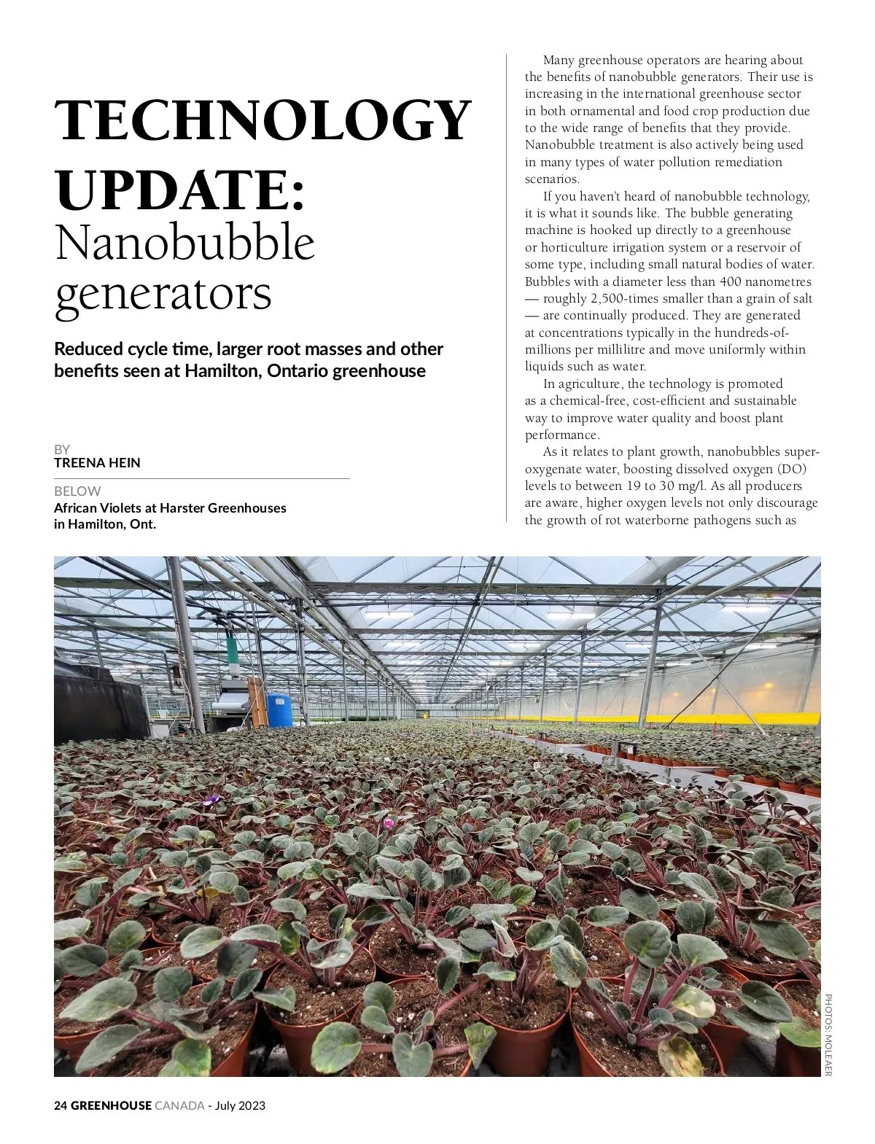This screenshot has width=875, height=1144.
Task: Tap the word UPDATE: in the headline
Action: [x=180, y=189]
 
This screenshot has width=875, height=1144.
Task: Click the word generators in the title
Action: [x=163, y=294]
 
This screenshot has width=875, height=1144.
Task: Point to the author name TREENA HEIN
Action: [x=97, y=463]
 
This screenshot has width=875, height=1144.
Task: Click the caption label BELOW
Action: [x=77, y=491]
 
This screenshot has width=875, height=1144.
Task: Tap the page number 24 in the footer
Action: [x=61, y=1105]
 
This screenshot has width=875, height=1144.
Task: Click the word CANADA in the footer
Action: [x=179, y=1105]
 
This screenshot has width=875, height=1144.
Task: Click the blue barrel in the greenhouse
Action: [x=279, y=709]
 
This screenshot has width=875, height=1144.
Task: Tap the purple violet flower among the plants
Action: [x=211, y=800]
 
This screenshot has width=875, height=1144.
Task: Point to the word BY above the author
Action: [x=62, y=449]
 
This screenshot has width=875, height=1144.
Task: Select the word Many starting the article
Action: [x=559, y=60]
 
